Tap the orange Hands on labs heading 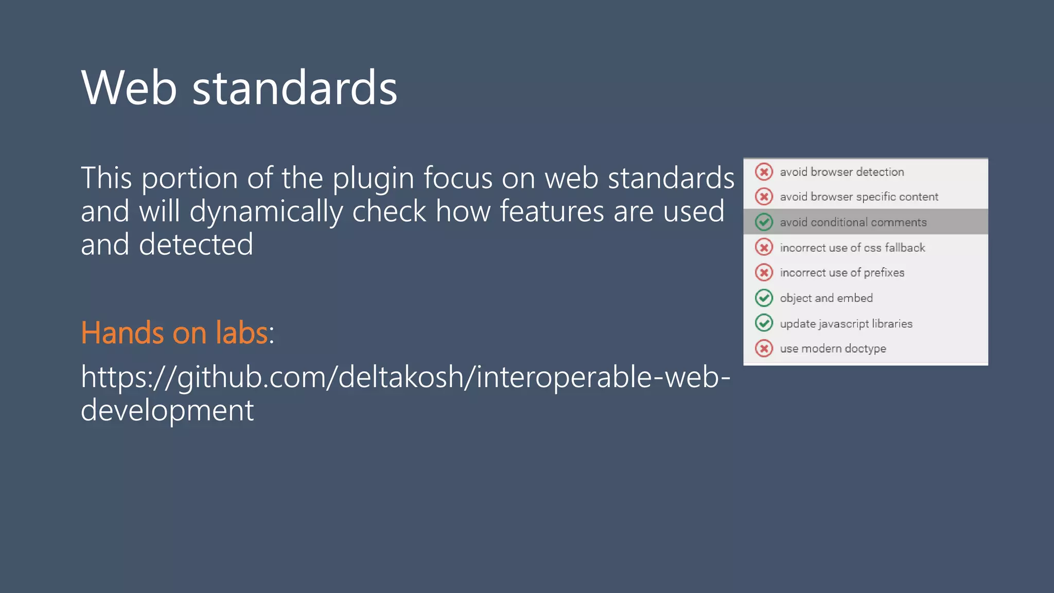[x=174, y=333]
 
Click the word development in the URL [x=167, y=410]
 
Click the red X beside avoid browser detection [x=764, y=171]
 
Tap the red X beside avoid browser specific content [x=764, y=197]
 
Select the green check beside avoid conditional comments [x=764, y=222]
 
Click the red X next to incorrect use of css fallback [x=764, y=248]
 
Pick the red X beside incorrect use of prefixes [x=764, y=272]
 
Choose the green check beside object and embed [x=764, y=298]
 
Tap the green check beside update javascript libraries [x=764, y=323]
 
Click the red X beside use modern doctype [x=764, y=348]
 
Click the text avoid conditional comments [x=853, y=222]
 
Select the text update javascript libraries [x=846, y=324]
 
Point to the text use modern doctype [x=833, y=348]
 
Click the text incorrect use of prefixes [x=842, y=273]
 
